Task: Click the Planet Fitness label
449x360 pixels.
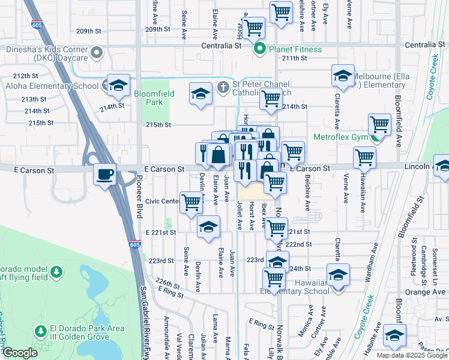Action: [295, 49]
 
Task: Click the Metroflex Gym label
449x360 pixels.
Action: [339, 137]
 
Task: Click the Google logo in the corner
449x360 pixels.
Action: [20, 353]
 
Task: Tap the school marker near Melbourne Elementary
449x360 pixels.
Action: [343, 76]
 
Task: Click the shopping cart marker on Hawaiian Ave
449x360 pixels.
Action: [364, 158]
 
